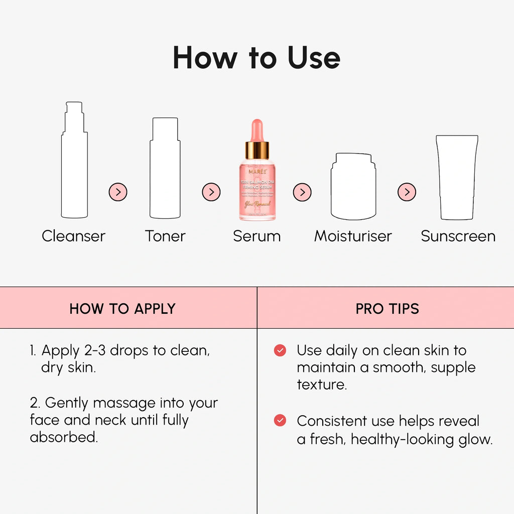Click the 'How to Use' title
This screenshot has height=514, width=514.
click(256, 58)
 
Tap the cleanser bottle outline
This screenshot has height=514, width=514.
click(74, 166)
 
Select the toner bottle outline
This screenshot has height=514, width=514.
click(165, 171)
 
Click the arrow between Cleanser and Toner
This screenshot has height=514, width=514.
click(118, 192)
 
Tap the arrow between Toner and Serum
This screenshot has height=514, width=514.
click(211, 192)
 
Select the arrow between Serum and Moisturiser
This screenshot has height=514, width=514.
click(302, 192)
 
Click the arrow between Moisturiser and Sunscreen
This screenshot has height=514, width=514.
click(407, 192)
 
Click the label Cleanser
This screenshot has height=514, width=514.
click(73, 236)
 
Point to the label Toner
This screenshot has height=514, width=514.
click(165, 236)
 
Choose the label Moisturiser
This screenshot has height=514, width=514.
click(353, 236)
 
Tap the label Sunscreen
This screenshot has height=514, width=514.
click(458, 236)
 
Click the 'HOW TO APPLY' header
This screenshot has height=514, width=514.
click(122, 308)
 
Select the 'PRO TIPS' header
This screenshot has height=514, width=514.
click(387, 308)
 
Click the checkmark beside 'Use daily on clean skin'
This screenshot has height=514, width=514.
click(280, 350)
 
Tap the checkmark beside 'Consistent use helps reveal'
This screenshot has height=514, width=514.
click(280, 421)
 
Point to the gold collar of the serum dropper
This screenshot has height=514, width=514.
click(257, 150)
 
